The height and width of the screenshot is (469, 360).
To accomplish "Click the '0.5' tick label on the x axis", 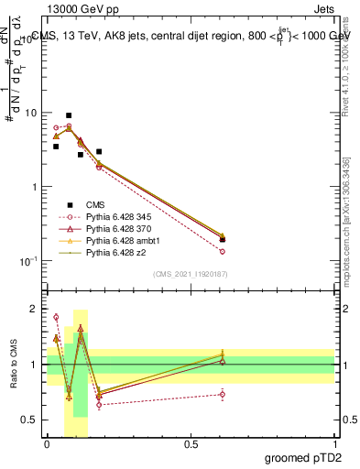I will (x=191, y=444).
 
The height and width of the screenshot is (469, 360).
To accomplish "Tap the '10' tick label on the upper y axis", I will (x=32, y=113).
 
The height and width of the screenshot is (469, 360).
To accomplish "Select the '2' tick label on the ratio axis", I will (x=37, y=309).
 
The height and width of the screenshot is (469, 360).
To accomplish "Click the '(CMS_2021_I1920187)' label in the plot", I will (x=190, y=274).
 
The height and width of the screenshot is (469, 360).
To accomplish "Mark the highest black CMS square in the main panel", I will (x=69, y=115).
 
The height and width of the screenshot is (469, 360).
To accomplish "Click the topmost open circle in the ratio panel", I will (x=56, y=317).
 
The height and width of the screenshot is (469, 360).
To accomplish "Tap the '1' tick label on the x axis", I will (x=334, y=444).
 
